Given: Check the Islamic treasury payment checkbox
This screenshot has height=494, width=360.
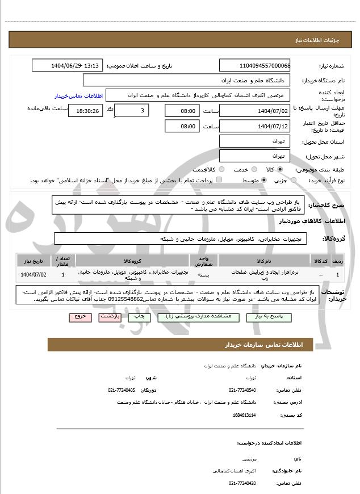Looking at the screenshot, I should coord(220,180).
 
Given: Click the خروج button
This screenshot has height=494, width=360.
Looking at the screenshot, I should coord(79,316).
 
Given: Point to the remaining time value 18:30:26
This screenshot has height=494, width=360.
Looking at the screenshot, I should coord(85,111).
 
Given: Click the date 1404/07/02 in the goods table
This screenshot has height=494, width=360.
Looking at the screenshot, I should coord(34,275).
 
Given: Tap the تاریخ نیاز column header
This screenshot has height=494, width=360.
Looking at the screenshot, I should coord(34,261).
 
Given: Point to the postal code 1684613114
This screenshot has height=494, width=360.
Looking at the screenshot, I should coord(244,415).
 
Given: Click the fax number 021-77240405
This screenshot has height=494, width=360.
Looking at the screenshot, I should coord(122,390).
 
